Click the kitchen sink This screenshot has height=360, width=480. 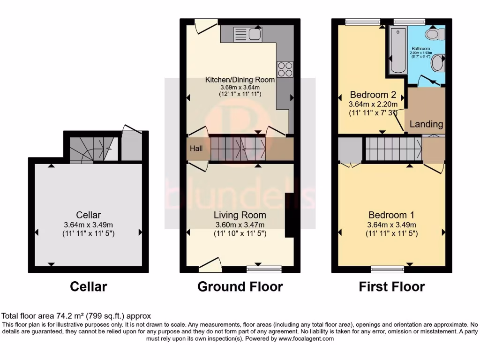pos(250,34)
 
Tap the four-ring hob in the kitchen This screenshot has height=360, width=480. pos(285,69)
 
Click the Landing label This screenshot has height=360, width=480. pos(426,124)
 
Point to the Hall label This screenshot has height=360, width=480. pos(196,149)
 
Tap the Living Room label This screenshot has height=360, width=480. pos(240,215)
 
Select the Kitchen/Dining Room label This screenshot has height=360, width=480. pos(240,80)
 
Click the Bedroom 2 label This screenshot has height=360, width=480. pos(372,95)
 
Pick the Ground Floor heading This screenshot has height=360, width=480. pos(240,286)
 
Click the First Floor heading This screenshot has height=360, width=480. pos(391,286)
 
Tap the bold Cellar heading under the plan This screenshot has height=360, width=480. pos(89,286)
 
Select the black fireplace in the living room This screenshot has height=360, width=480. pos(290,215)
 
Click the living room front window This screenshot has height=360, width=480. pos(264,269)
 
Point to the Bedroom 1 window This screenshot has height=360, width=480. pos(383,269)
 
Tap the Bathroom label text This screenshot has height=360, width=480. pos(420,48)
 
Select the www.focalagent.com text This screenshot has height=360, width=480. pos(307,338)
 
